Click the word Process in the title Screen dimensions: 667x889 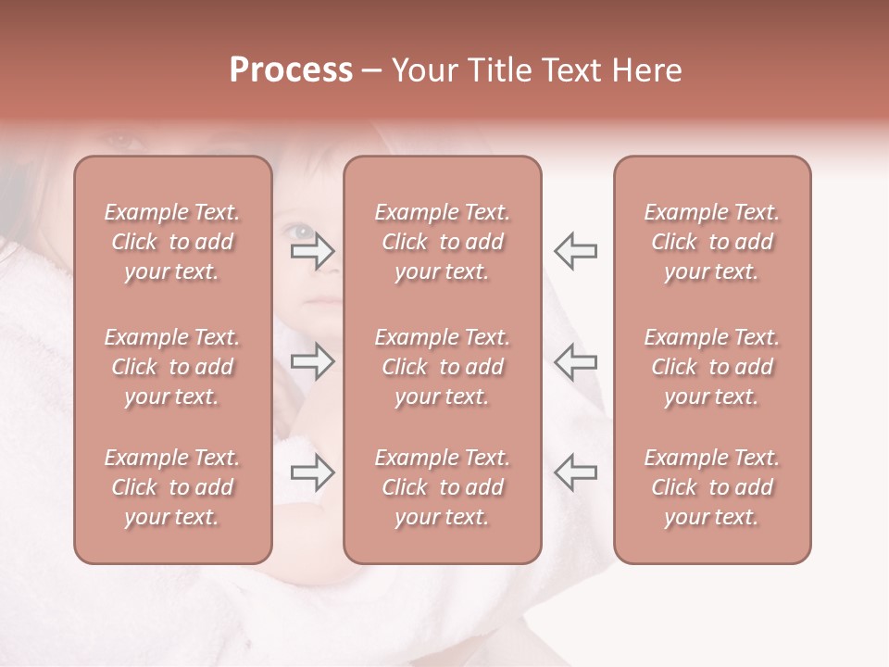tap(291, 70)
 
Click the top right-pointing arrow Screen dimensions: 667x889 tap(313, 250)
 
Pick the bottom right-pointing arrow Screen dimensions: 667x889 tap(313, 472)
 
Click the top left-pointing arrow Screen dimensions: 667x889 tap(576, 250)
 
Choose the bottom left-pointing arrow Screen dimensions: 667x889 tap(576, 472)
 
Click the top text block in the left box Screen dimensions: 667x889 tap(172, 242)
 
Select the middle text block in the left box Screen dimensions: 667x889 tap(172, 367)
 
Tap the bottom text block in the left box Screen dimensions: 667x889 tap(172, 487)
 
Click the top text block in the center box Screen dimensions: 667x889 tap(443, 242)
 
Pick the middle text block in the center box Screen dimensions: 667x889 tap(443, 367)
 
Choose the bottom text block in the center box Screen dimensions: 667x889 tap(443, 487)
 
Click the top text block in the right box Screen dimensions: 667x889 tap(712, 242)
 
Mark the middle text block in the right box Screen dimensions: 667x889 tap(712, 367)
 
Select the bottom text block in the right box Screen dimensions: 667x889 tap(712, 487)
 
